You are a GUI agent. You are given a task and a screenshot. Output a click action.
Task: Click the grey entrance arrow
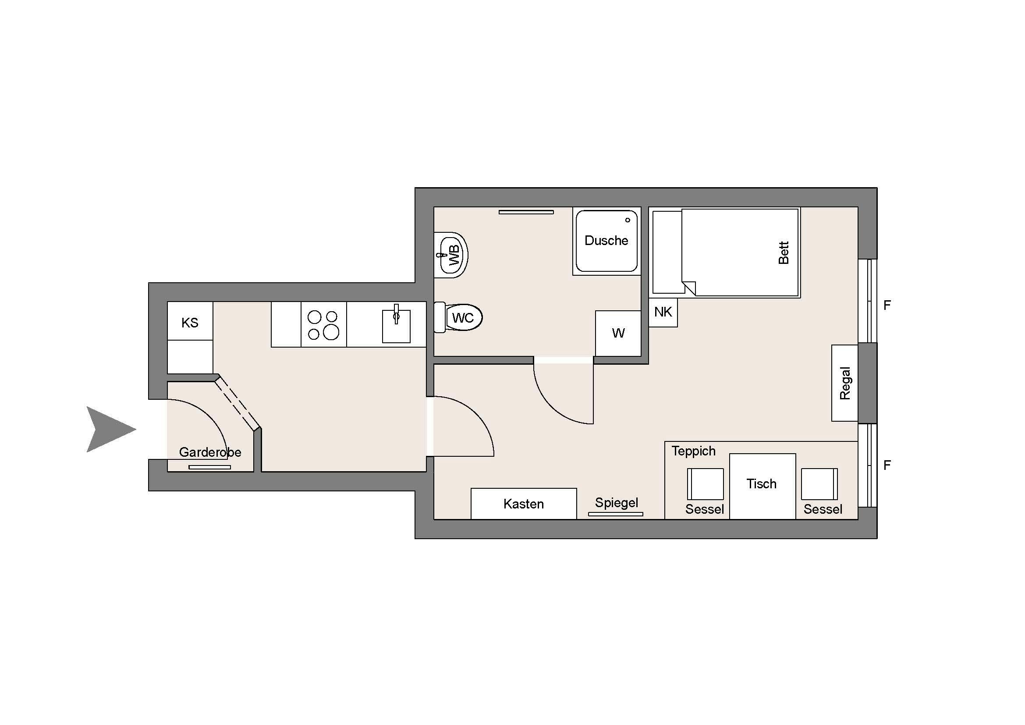[x=107, y=429]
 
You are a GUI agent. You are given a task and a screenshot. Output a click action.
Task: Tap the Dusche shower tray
[x=606, y=241]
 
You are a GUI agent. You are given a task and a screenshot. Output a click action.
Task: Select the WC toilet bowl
[x=462, y=317]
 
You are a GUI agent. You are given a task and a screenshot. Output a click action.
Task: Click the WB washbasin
[x=451, y=255]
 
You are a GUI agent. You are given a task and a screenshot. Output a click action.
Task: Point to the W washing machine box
[x=618, y=333]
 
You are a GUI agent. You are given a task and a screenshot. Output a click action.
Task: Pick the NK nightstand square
[x=663, y=313]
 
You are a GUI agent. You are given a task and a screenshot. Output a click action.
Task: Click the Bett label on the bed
[x=784, y=252]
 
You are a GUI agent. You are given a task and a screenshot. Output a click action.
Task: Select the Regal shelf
[x=844, y=383]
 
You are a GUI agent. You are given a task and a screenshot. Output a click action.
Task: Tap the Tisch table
[x=763, y=486]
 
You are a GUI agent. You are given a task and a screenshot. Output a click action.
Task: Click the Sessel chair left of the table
[x=705, y=484]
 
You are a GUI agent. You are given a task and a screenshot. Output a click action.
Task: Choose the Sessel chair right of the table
[x=819, y=484]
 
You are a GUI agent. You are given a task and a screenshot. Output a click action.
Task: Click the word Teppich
[x=693, y=451]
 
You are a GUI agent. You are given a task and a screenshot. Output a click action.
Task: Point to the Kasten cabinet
[x=524, y=504]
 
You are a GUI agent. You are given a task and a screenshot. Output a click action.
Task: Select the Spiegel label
[x=617, y=503]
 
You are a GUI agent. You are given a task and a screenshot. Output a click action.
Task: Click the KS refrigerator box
[x=190, y=321]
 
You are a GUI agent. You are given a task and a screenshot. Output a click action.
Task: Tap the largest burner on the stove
[x=331, y=332]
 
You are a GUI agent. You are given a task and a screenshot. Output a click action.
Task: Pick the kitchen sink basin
[x=396, y=327]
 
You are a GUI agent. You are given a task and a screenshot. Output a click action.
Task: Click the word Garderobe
[x=210, y=452]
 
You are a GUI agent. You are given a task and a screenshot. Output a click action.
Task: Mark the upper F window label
[x=887, y=306]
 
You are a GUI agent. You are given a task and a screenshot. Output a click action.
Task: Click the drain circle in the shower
[x=628, y=220]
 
